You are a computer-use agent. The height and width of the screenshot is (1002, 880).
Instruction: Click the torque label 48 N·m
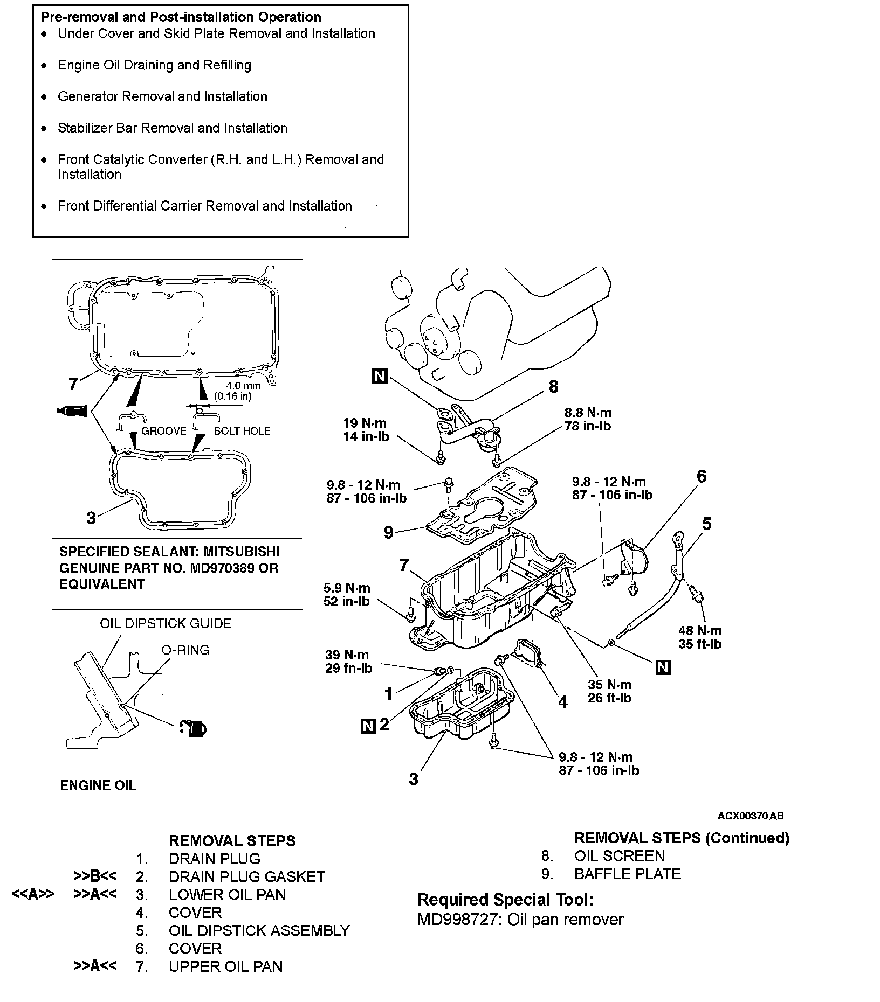click(x=700, y=630)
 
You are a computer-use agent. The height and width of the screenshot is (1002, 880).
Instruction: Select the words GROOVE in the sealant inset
click(x=164, y=431)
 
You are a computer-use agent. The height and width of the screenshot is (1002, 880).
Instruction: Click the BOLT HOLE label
click(x=242, y=431)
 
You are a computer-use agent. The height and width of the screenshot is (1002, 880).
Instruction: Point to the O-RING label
click(x=185, y=650)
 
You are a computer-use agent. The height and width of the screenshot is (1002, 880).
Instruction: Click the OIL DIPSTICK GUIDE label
click(x=166, y=624)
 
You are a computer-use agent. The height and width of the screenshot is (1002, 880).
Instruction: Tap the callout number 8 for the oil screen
click(x=553, y=386)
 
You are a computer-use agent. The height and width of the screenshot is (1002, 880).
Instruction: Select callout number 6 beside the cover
click(x=701, y=476)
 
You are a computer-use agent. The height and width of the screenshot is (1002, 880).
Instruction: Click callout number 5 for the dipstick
click(x=707, y=524)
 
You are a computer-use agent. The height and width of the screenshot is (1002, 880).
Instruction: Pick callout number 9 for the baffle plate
click(x=388, y=533)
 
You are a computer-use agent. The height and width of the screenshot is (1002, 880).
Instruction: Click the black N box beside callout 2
click(x=367, y=726)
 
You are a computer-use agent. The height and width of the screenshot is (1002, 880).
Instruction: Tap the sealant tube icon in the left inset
click(x=72, y=412)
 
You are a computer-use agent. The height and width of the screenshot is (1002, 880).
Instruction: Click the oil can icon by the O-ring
click(x=193, y=729)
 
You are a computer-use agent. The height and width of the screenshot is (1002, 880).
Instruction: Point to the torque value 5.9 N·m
click(x=347, y=588)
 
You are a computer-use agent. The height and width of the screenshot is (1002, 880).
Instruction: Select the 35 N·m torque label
click(x=609, y=685)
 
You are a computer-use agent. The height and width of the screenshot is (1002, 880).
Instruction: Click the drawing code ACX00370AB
click(x=750, y=816)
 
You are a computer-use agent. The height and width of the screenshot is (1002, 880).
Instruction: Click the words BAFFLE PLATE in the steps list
click(x=627, y=874)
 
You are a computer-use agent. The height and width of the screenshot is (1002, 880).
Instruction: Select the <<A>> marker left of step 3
click(x=33, y=895)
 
